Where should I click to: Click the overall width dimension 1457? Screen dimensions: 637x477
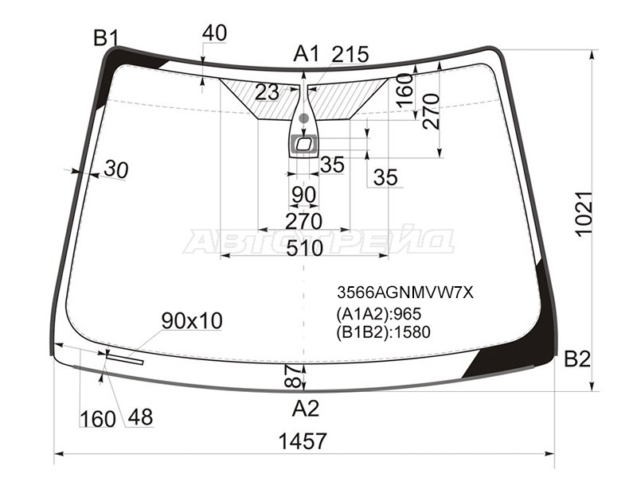click(x=303, y=441)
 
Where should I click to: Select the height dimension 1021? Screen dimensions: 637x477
click(x=584, y=213)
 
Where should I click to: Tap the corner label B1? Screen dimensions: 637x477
click(x=106, y=37)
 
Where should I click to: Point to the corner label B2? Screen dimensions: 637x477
click(x=576, y=359)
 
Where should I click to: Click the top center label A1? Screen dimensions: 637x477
click(x=307, y=53)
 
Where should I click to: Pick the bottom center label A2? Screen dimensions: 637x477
click(x=306, y=408)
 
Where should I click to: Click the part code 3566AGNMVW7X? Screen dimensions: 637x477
click(x=405, y=292)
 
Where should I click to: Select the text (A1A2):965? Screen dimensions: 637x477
click(x=379, y=314)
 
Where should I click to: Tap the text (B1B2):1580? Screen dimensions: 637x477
click(x=383, y=332)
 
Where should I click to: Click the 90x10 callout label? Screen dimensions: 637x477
click(x=192, y=321)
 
